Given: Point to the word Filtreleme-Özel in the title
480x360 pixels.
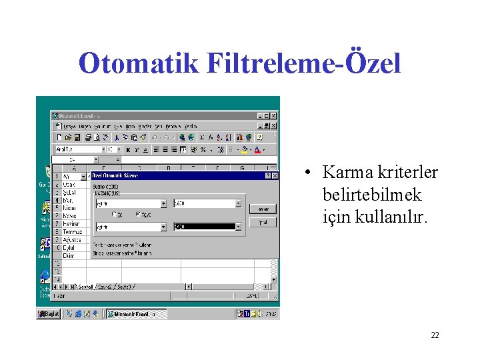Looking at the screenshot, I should point(303,64).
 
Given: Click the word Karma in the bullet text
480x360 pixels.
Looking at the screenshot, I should point(346,173).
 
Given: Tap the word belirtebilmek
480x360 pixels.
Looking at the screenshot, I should point(372,195).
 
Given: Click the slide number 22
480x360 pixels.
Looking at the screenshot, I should point(435,335).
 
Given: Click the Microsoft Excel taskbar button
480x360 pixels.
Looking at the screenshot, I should point(133,314).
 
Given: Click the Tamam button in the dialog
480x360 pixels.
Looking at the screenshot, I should point(263,209).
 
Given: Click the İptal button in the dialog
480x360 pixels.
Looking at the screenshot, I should point(263,223).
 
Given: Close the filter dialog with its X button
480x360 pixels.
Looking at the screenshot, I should point(274,176).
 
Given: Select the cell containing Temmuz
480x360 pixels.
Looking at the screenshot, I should point(71,232).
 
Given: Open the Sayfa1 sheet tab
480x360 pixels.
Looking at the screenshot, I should point(85,287).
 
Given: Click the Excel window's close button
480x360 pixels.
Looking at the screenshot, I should point(274,116).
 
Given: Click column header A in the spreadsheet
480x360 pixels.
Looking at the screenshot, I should point(75,168).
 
